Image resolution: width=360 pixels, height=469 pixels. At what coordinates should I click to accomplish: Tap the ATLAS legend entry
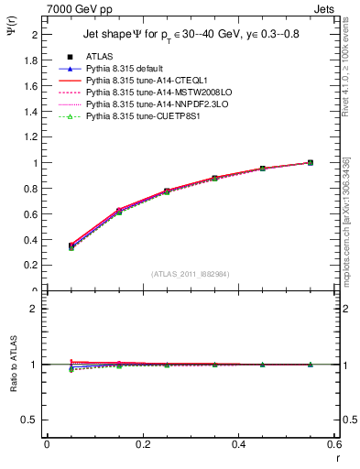pyautogui.click(x=101, y=57)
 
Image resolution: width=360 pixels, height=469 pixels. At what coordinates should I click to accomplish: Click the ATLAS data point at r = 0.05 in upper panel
pyautogui.click(x=47, y=246)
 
